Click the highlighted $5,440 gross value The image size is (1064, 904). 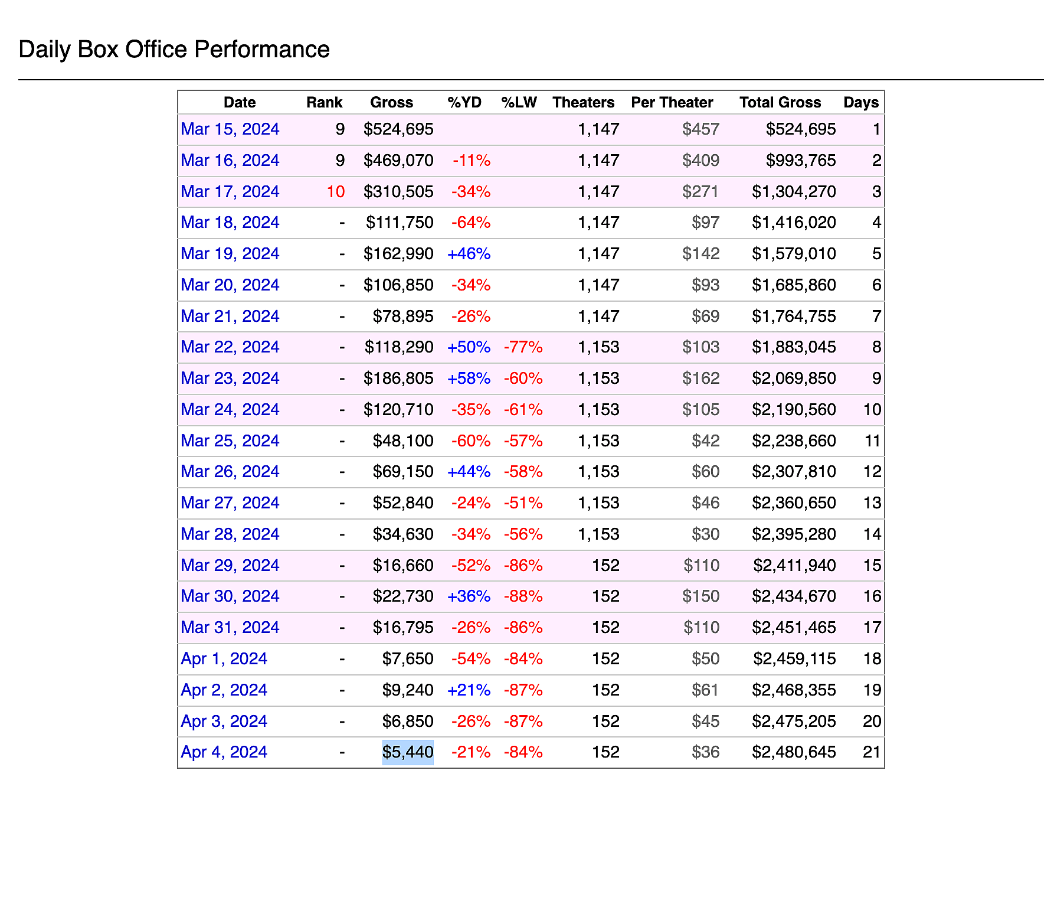[408, 752]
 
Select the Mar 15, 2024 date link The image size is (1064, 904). [230, 129]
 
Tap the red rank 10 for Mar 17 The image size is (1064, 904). [335, 192]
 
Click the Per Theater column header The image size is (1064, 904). [672, 103]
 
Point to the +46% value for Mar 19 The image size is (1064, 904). [469, 254]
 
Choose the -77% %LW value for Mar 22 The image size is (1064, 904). [523, 347]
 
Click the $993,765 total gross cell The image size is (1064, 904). [801, 161]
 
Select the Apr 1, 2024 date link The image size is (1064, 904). [224, 659]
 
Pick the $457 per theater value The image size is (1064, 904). [700, 129]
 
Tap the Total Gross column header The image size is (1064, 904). [780, 103]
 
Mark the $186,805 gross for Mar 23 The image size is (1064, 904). [398, 378]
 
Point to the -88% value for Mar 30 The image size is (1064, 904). [523, 596]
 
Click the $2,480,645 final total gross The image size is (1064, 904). [794, 752]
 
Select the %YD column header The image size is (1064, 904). [464, 103]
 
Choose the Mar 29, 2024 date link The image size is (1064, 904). [230, 566]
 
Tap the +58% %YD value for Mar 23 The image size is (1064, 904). [469, 378]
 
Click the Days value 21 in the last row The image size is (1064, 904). [872, 752]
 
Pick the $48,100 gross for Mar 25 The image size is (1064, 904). [403, 441]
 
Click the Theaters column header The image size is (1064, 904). [583, 103]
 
